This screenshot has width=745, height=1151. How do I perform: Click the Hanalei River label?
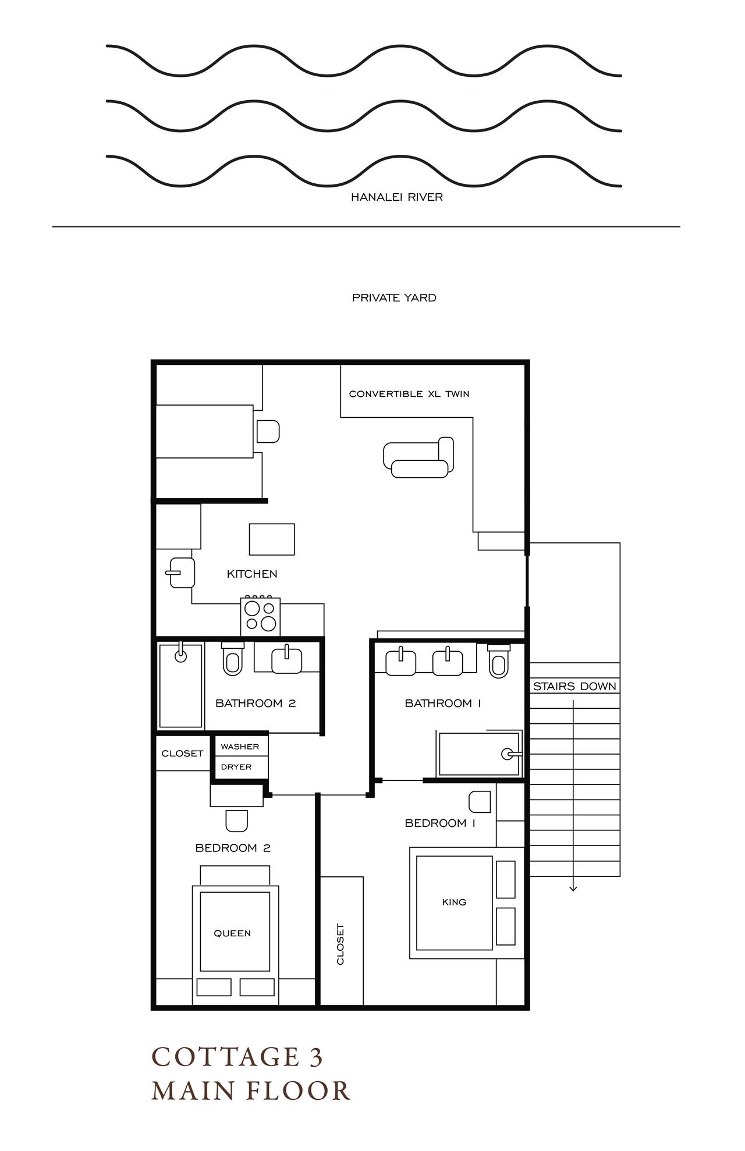pos(396,197)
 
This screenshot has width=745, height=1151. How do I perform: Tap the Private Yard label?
pos(394,298)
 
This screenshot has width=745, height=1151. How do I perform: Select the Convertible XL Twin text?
pos(409,394)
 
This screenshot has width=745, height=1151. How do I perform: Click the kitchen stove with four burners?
pos(260,617)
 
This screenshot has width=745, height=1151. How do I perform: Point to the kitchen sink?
pos(182,573)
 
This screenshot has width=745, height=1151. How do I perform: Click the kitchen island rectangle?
pos(272,539)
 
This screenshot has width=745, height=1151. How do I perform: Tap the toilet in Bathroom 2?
pos(232,660)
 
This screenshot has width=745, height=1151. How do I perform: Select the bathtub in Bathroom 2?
pos(180,686)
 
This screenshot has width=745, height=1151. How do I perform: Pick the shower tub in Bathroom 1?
pos(479,754)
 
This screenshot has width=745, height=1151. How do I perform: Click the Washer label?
pos(240,747)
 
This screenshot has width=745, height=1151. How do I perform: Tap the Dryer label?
pos(236,767)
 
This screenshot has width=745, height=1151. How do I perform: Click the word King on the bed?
pos(454,902)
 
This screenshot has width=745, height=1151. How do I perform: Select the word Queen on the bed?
pos(232,933)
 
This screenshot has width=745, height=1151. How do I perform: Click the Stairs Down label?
pos(574,687)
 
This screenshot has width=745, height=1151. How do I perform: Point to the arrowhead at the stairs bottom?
pos(573,888)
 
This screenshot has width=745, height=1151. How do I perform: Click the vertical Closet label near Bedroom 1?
pos(340,944)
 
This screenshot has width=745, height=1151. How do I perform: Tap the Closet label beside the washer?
pos(182,754)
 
